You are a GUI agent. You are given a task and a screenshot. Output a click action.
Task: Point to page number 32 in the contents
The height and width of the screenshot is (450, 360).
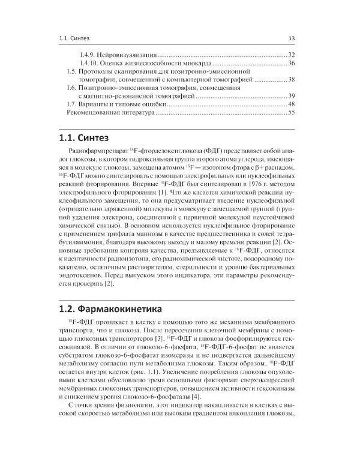point(291,55)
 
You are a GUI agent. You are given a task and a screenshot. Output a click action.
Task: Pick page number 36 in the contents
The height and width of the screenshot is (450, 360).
point(291,63)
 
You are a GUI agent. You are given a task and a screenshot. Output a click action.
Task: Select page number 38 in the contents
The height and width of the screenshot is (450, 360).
point(291,80)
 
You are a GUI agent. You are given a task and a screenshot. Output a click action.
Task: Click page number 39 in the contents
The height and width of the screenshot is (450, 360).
point(291,96)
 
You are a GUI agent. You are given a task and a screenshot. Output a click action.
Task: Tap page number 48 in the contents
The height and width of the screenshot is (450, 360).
point(291,104)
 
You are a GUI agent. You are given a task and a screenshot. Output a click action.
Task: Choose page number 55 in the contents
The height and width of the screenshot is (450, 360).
point(291,113)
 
